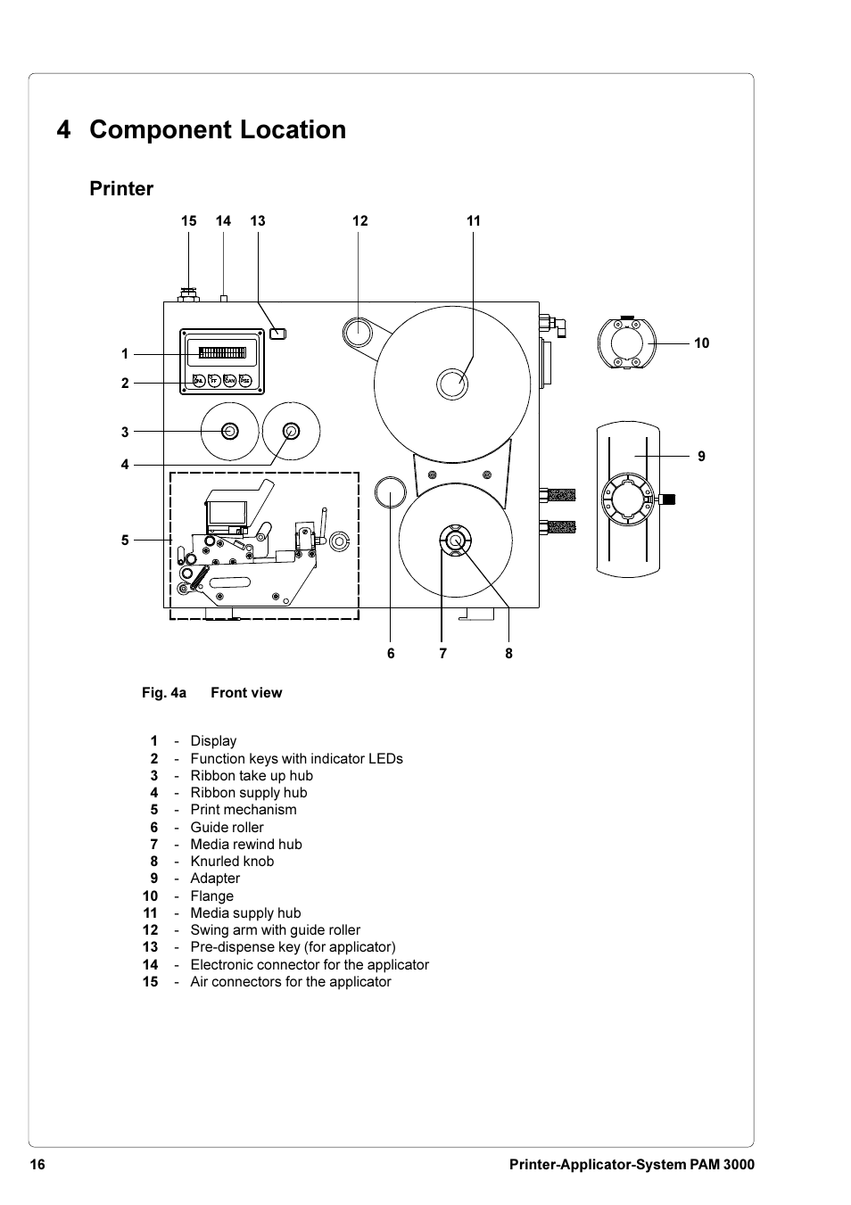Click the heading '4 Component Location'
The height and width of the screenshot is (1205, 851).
click(201, 130)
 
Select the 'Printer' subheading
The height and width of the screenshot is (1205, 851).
click(121, 189)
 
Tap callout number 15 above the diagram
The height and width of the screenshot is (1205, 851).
click(188, 221)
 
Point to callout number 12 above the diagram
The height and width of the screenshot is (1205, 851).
click(359, 221)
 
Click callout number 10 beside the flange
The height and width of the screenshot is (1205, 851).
click(702, 343)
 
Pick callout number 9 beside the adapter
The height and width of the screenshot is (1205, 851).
click(702, 457)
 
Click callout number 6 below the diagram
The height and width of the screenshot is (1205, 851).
click(391, 654)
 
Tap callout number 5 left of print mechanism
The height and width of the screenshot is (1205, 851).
click(125, 541)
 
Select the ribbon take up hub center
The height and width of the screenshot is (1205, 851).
click(229, 432)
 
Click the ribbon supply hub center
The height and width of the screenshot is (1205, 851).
click(291, 432)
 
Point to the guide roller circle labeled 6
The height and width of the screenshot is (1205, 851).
click(390, 491)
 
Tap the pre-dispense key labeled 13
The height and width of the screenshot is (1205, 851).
click(278, 334)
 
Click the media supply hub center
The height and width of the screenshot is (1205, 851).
click(452, 384)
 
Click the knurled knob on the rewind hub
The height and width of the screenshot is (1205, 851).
click(455, 541)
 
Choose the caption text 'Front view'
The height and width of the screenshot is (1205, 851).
click(246, 693)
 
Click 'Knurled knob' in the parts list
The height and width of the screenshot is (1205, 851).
click(232, 862)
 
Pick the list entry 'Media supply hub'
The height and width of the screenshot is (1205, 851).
click(245, 913)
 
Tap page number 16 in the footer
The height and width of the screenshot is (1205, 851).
click(37, 1165)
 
